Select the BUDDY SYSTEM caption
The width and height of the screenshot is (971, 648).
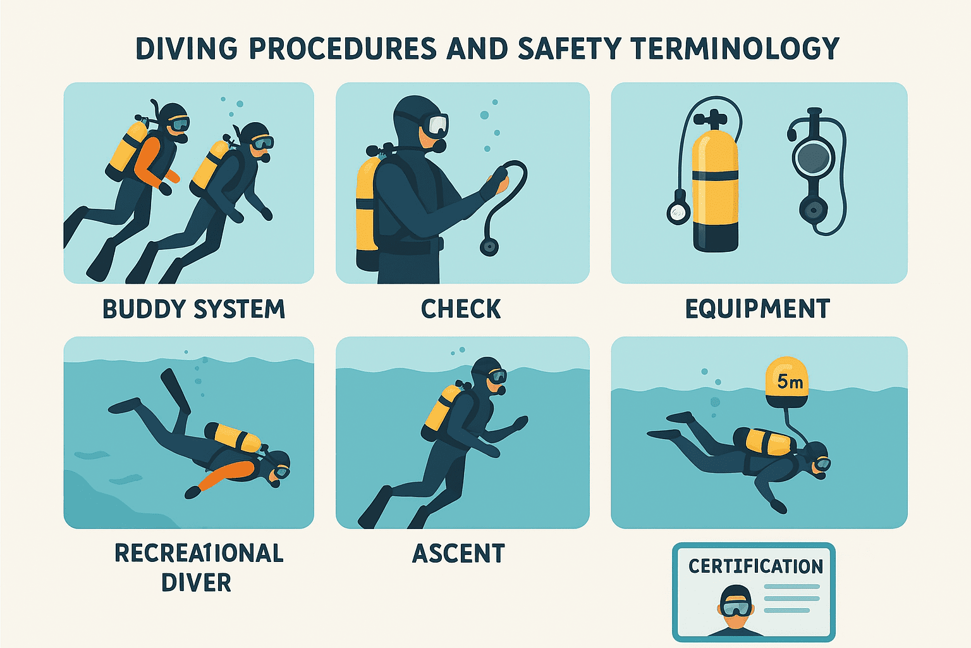pos(193,309)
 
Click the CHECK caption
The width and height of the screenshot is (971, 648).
pos(461,309)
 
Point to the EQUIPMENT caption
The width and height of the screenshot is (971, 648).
pos(757,309)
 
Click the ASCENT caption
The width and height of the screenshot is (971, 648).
pos(458,554)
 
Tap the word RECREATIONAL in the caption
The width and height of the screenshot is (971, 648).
pos(198,554)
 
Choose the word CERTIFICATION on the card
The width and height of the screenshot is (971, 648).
pos(755,566)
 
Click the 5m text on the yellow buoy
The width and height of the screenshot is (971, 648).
pos(790,382)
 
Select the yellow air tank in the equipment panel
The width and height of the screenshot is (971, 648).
pos(715,190)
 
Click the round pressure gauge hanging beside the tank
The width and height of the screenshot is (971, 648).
pos(678,213)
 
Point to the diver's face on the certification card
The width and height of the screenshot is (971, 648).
pos(735,608)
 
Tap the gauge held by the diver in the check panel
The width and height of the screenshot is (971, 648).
pos(489,246)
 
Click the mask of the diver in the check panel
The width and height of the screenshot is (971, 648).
pos(436,125)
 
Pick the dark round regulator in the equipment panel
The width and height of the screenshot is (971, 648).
pos(813,158)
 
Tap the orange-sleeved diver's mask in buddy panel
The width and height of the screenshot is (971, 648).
pos(178,123)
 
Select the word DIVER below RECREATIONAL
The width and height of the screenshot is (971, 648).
pos(196,583)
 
